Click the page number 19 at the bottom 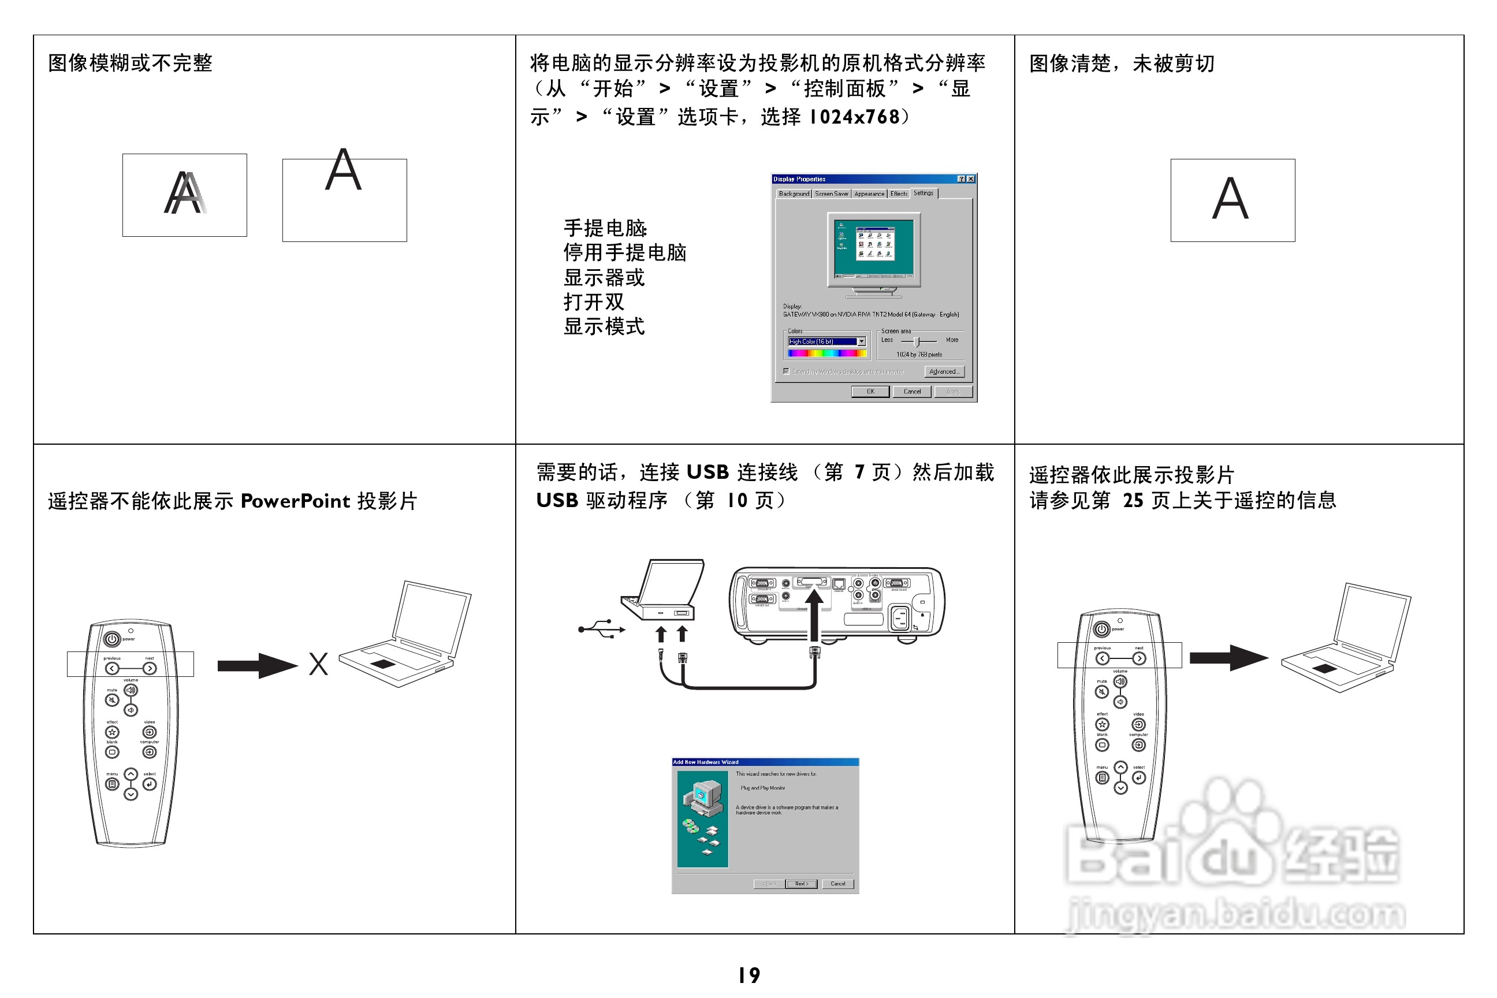[749, 974]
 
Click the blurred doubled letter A [185, 193]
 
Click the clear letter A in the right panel [1230, 199]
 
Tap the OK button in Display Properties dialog [869, 392]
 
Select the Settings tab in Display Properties [923, 193]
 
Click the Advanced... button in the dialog [944, 371]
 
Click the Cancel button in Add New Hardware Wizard [837, 884]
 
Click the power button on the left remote [112, 638]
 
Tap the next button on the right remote [1139, 658]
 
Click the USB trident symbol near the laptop [601, 629]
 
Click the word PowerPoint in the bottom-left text [295, 501]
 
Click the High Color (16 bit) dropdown [826, 341]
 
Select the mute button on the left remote [112, 700]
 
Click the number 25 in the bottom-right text [1133, 500]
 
